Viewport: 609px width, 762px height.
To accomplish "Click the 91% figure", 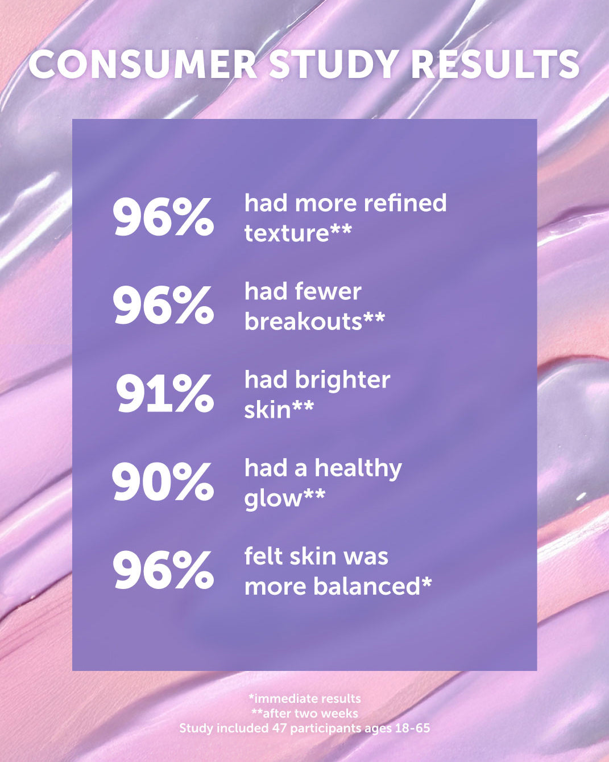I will pyautogui.click(x=164, y=393).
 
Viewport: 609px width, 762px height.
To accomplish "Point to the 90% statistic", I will pyautogui.click(x=163, y=481).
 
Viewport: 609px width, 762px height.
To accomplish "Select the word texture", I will pyautogui.click(x=287, y=233).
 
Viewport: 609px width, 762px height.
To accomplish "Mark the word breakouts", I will pyautogui.click(x=303, y=322).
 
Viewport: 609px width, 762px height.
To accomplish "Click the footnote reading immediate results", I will pyautogui.click(x=305, y=698).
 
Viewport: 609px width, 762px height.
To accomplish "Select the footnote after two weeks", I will pyautogui.click(x=305, y=713).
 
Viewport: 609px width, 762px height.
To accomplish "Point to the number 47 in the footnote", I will pyautogui.click(x=280, y=728).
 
